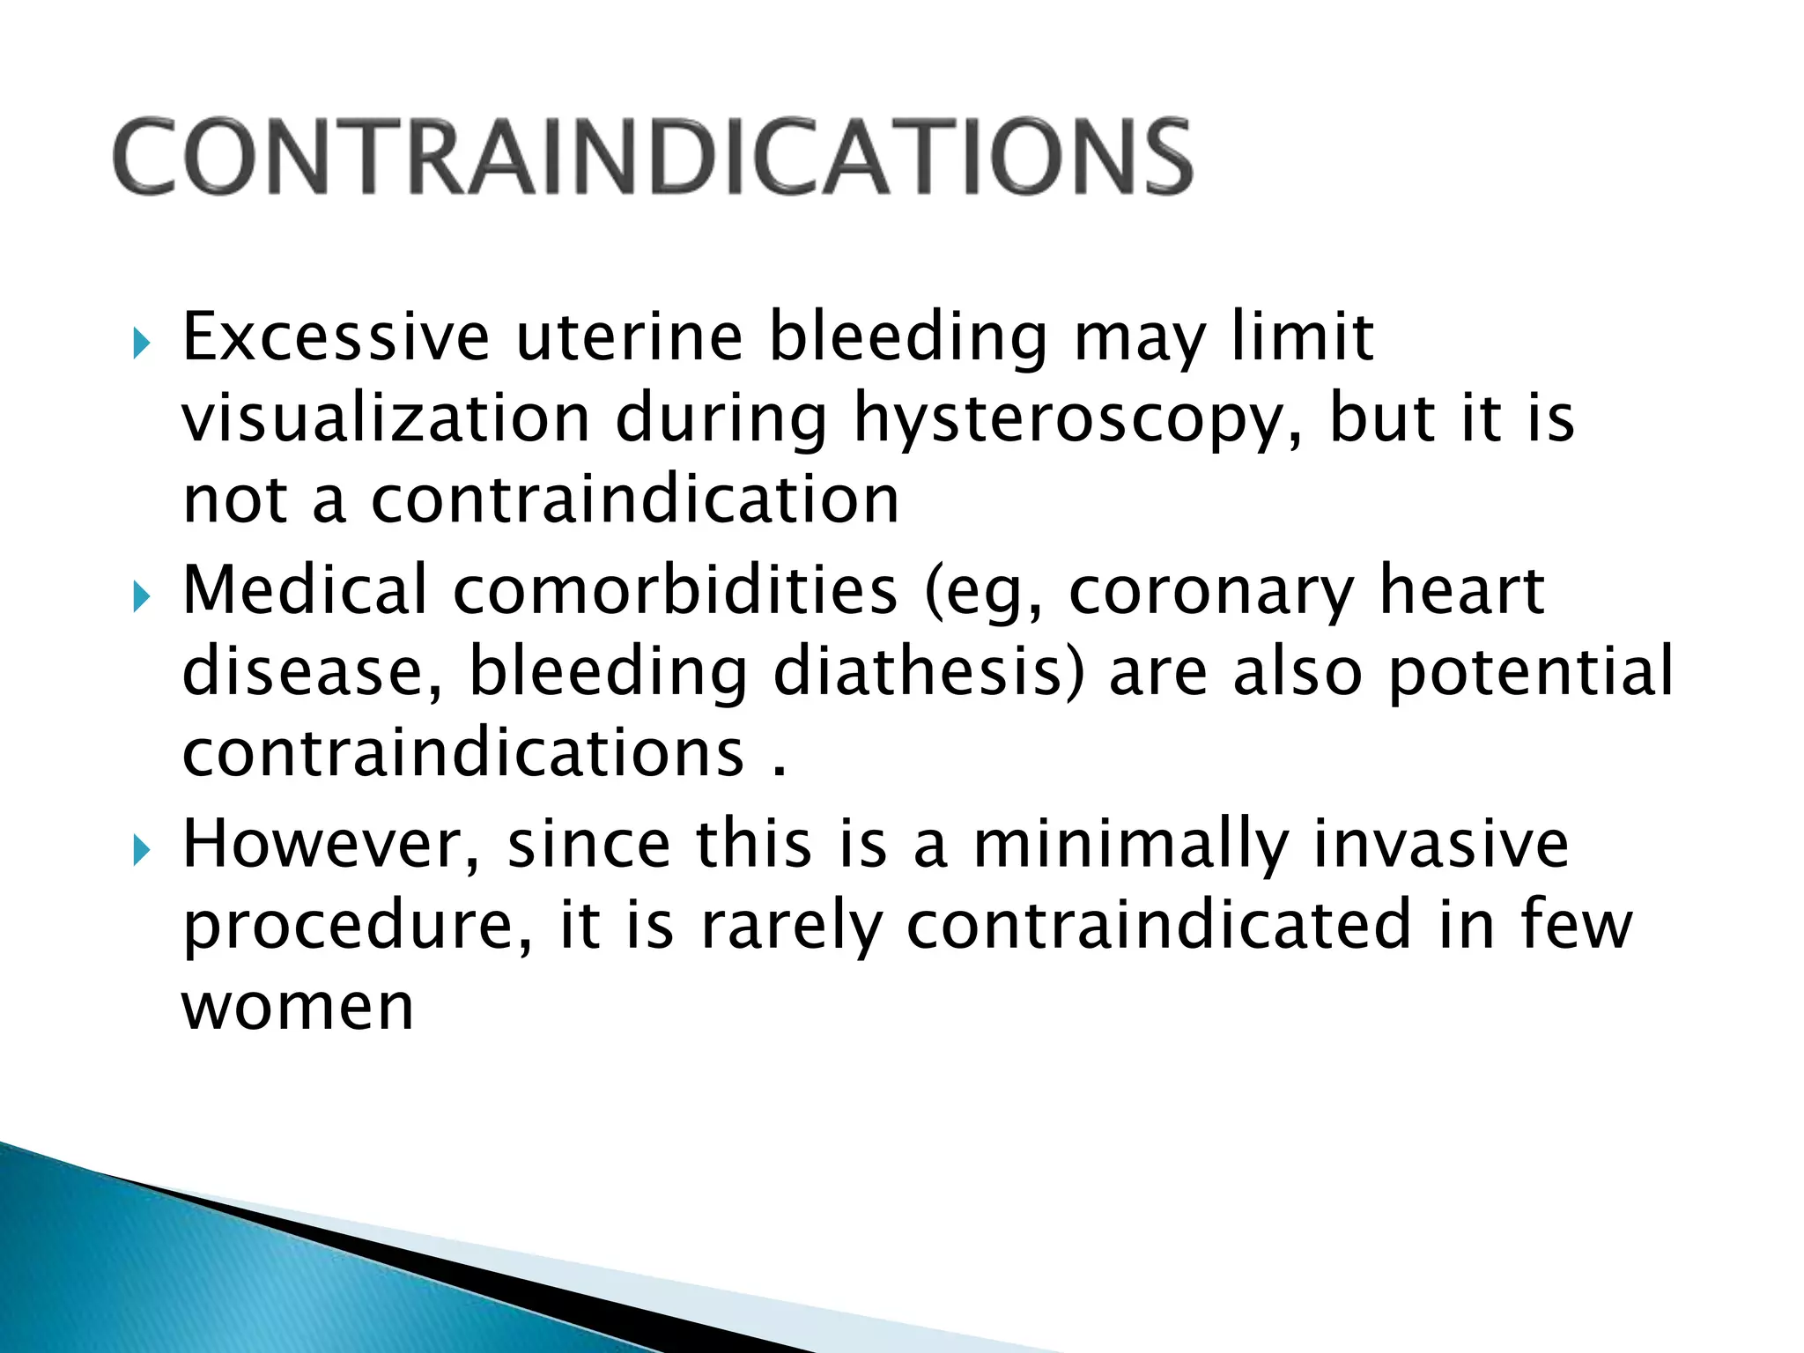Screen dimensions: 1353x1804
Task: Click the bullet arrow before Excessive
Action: pos(141,344)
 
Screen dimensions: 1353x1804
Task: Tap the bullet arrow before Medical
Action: pos(141,597)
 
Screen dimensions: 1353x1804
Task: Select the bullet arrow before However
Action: pos(141,851)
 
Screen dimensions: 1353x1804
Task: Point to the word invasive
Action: pos(1440,843)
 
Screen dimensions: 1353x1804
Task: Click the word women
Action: pos(298,1007)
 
